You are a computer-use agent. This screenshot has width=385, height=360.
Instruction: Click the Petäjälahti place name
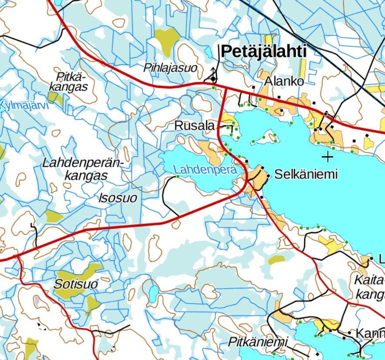tap(264, 51)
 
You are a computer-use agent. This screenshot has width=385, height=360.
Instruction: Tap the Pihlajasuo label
tap(170, 68)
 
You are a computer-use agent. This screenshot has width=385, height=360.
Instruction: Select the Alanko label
tap(284, 82)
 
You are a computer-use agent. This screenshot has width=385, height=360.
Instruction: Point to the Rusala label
tap(194, 126)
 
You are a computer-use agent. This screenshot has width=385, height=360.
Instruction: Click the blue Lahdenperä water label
tap(205, 170)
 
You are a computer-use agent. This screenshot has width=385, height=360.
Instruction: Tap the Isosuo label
tap(118, 198)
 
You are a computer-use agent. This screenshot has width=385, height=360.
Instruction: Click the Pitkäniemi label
tap(259, 342)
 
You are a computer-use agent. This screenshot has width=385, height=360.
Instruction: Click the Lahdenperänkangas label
tap(83, 169)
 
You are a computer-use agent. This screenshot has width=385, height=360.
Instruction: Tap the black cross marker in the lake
tap(327, 157)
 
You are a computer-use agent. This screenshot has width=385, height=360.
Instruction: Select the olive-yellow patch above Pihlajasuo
tap(167, 40)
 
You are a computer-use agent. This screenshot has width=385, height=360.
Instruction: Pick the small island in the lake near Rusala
tap(267, 137)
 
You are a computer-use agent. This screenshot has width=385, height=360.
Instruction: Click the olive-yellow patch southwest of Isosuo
tap(54, 216)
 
